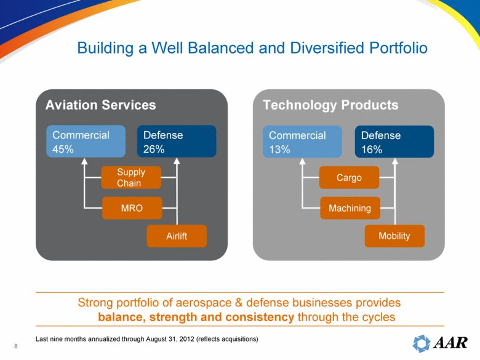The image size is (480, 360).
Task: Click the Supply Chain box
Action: tap(131, 177)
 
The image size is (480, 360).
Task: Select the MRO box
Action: tap(131, 209)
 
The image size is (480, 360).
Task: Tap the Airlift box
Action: tap(177, 236)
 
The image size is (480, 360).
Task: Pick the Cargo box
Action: tap(349, 178)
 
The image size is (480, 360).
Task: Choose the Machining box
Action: tap(350, 209)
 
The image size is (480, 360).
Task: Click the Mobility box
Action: tap(395, 236)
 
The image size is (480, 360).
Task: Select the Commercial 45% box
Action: tap(86, 142)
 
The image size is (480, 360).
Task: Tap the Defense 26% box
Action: tap(176, 142)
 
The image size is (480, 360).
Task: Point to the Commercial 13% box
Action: tap(302, 142)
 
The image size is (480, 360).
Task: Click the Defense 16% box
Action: tap(394, 142)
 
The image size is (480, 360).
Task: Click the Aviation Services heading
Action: tap(100, 105)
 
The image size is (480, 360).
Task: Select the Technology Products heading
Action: tap(330, 105)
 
